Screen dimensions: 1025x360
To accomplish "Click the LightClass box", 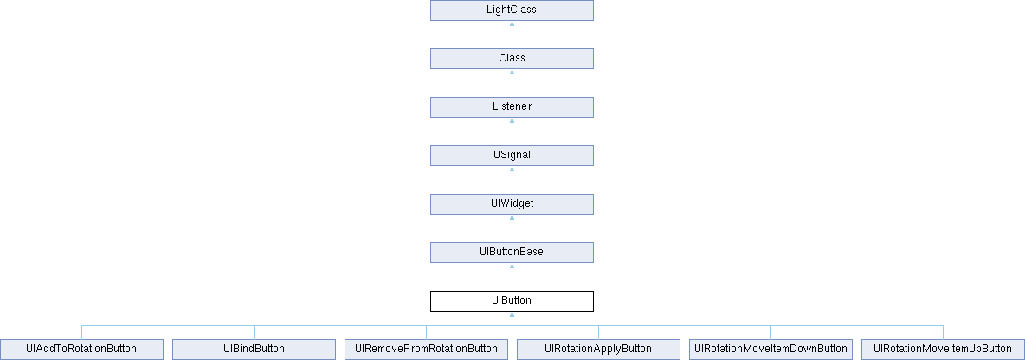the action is click(512, 10).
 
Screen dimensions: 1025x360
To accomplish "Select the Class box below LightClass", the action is click(512, 59).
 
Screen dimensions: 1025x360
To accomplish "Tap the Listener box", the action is click(512, 107).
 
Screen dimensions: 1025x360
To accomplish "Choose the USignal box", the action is click(512, 156).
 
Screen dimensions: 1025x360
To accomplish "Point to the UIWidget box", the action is click(512, 204).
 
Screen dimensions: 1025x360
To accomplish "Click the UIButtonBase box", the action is click(512, 252).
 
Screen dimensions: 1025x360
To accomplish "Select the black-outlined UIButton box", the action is click(512, 300).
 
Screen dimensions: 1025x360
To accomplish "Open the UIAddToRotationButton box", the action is click(81, 349).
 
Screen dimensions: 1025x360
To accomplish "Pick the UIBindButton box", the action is click(255, 349).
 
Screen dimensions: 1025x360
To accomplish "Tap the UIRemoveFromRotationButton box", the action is click(426, 349).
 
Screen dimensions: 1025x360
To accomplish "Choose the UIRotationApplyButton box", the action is click(599, 349).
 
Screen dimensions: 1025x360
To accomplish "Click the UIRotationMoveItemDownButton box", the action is click(770, 349).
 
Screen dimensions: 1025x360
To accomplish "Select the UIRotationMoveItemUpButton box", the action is click(944, 349).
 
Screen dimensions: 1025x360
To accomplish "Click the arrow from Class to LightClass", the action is click(512, 35).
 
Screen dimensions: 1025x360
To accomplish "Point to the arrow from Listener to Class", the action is click(512, 83).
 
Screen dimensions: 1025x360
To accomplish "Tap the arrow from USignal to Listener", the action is click(512, 132).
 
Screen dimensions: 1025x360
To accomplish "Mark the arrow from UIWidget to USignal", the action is click(512, 180).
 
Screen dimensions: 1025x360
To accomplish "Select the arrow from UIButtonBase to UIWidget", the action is click(512, 228).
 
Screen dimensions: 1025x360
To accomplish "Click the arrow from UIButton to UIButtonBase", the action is click(512, 276).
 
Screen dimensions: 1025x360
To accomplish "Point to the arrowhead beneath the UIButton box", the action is click(512, 314).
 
